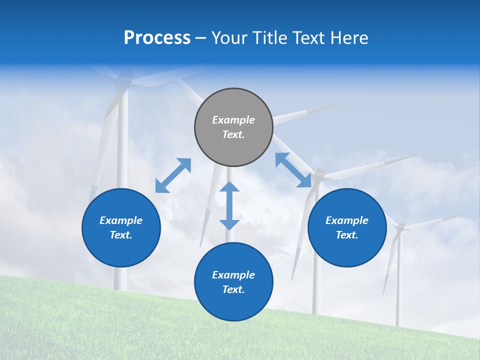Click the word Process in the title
click(x=157, y=38)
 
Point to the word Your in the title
click(x=229, y=38)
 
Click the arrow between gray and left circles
click(x=173, y=175)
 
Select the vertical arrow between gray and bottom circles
click(x=229, y=205)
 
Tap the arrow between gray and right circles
click(x=293, y=170)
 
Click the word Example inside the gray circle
click(x=233, y=120)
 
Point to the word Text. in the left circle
click(x=121, y=235)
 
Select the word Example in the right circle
click(x=347, y=220)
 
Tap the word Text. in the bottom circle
click(x=233, y=289)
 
